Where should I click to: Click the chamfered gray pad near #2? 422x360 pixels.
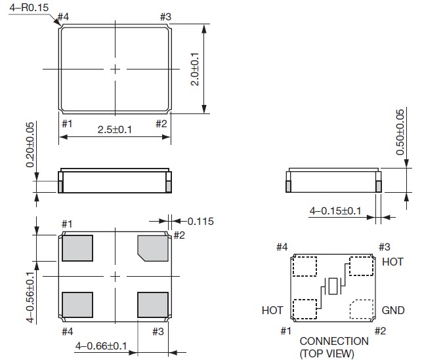pos(152,247)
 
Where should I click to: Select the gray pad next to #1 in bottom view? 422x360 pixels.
pos(77,249)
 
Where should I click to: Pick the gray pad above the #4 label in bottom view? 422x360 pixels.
pos(77,305)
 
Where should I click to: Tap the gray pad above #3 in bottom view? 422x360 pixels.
pos(152,305)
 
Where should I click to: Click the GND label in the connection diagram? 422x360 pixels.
pos(392,310)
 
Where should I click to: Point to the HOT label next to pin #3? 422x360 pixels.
pos(392,261)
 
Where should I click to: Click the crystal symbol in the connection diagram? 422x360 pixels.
pos(334,286)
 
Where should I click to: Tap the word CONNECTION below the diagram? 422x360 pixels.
pos(334,342)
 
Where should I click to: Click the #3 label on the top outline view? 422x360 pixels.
pos(166,16)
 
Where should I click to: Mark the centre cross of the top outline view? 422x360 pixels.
pos(115,69)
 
